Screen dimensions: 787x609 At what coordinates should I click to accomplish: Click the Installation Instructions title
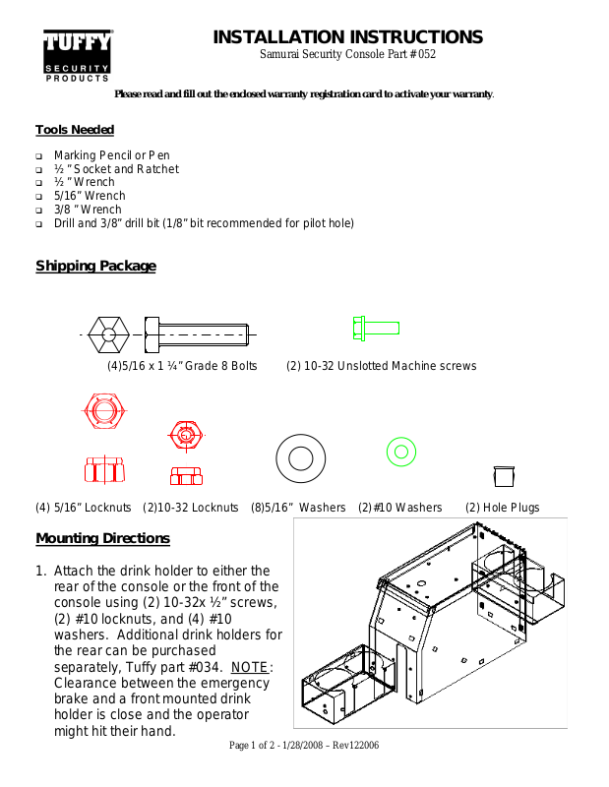[x=347, y=37]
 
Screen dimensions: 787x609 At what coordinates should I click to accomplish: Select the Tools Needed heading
[x=75, y=130]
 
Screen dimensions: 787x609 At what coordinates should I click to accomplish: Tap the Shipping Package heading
[x=95, y=266]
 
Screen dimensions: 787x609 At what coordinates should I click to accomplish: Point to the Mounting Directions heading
[x=102, y=538]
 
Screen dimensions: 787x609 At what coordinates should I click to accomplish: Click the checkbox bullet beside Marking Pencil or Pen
[x=39, y=156]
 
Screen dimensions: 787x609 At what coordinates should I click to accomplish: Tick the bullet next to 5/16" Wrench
[x=39, y=197]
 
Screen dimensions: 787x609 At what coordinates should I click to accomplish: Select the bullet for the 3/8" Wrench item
[x=39, y=211]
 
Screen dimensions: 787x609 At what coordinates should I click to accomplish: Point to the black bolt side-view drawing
[x=197, y=334]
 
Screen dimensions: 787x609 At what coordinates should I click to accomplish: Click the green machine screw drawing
[x=375, y=327]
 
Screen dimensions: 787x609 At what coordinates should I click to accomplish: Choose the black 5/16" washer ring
[x=301, y=456]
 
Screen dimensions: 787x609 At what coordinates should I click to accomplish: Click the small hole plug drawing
[x=503, y=476]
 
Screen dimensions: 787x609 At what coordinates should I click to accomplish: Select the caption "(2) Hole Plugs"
[x=503, y=508]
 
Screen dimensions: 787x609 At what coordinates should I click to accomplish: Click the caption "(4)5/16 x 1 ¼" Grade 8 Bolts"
[x=182, y=366]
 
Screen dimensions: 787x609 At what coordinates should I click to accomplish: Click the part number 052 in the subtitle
[x=425, y=55]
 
